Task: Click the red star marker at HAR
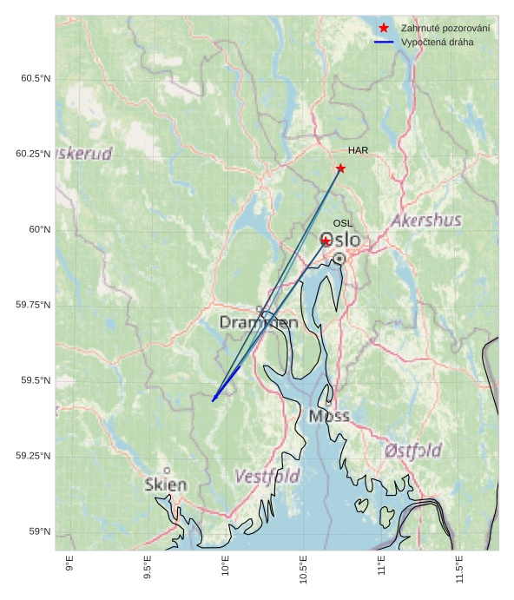point(340,168)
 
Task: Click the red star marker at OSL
point(326,241)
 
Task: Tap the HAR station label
point(358,150)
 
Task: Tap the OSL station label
point(343,223)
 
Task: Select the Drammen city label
point(259,323)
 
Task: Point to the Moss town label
point(329,416)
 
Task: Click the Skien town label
point(166,485)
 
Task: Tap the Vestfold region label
point(267,477)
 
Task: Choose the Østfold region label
point(412,451)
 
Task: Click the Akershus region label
point(426,221)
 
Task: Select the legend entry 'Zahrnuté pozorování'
point(445,29)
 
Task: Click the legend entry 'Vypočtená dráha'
point(438,42)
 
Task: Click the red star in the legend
point(384,29)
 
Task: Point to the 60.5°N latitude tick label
point(36,78)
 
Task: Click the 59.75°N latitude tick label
point(33,305)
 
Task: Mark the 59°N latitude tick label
point(40,531)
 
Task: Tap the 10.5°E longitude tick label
point(303,568)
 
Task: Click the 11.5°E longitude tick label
point(458,568)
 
